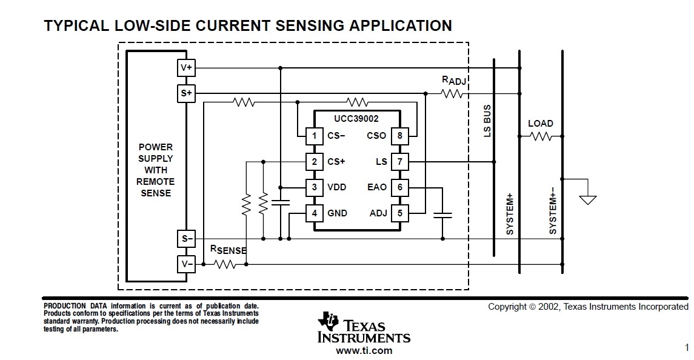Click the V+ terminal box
186,68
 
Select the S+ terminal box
186,93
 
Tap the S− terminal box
186,239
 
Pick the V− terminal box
186,264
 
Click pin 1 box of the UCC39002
314,136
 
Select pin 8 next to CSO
399,136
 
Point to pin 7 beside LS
399,162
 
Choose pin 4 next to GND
314,213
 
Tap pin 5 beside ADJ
399,213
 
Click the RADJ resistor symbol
452,93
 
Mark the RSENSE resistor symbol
224,264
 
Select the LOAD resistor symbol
541,136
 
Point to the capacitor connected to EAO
442,216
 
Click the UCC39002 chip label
356,119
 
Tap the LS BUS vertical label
487,121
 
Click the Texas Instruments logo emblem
328,321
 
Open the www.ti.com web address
364,351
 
